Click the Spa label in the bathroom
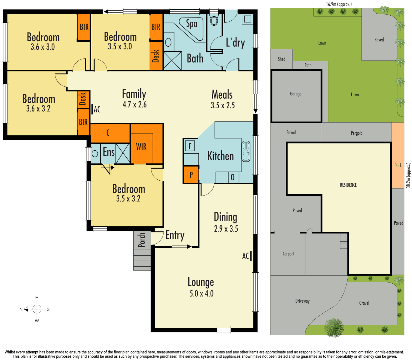pos(192,24)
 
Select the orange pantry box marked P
pos(191,175)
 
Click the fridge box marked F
pos(190,146)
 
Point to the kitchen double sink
pos(246,151)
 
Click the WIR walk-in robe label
pos(141,147)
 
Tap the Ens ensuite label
pos(109,152)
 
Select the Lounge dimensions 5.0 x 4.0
pos(201,294)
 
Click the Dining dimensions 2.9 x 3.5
pos(226,229)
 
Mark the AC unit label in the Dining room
pos(245,256)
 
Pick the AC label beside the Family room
pos(97,109)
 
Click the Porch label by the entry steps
pos(142,240)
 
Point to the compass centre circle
pos(37,309)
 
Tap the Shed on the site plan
pos(281,59)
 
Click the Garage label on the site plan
pos(295,94)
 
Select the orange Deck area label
pos(398,165)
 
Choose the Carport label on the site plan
pos(288,254)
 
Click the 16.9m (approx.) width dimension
pos(339,4)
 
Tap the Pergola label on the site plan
pos(356,133)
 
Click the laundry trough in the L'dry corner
pos(247,19)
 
